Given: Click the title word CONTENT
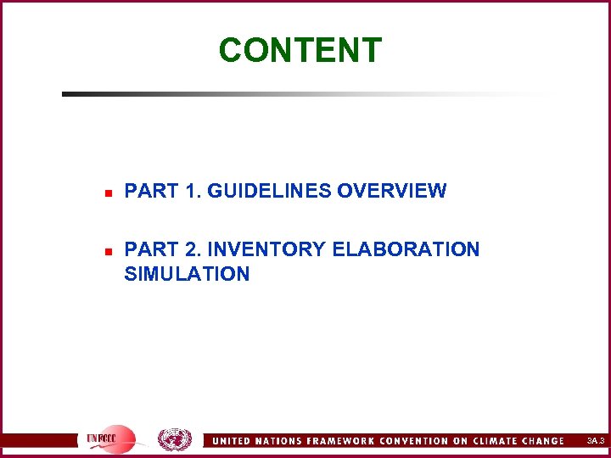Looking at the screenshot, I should point(300,50).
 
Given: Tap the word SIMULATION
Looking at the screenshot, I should point(187,274).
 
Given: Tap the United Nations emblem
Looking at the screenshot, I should point(175,440).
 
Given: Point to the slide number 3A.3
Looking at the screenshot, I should point(595,441).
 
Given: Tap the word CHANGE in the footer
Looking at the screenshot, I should point(543,441).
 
